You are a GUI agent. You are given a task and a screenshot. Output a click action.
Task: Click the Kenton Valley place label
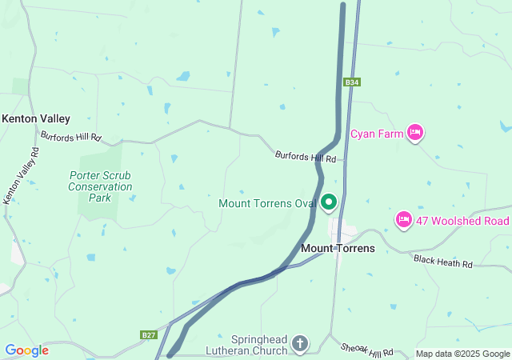coord(36,118)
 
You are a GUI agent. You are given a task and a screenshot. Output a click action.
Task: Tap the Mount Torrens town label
coord(338,249)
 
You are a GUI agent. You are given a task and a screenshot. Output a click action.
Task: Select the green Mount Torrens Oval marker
coord(329,202)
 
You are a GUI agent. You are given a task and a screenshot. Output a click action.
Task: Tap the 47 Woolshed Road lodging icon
coord(404,219)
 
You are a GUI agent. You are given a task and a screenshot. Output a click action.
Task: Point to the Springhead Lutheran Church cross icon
coord(300,344)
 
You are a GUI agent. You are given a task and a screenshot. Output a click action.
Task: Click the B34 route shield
coord(351,82)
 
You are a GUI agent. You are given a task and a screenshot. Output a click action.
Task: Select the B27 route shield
coord(148,334)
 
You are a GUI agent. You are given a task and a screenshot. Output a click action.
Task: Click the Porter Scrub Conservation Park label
coord(100,186)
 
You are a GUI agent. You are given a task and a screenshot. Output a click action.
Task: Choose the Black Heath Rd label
coord(443,262)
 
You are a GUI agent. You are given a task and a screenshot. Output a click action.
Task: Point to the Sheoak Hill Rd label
coord(366,347)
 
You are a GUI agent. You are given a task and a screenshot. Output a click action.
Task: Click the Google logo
coord(26,350)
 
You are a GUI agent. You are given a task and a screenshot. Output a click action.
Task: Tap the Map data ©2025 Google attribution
coord(462,354)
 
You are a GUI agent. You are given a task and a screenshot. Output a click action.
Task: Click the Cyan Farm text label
coord(380,134)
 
